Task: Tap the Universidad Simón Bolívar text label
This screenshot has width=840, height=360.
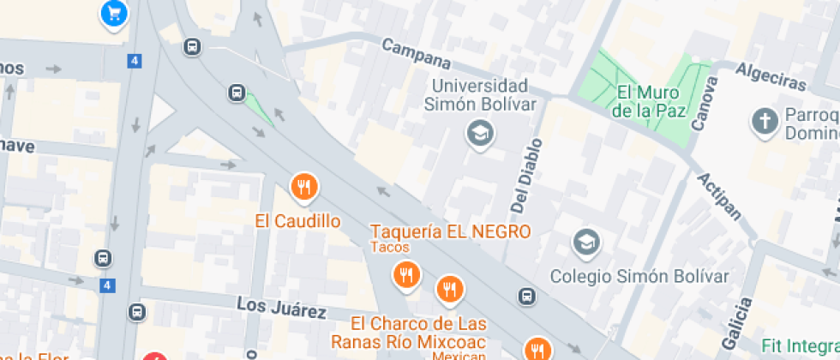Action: pos(480,95)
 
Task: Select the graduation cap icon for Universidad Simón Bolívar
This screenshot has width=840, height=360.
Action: pos(480,132)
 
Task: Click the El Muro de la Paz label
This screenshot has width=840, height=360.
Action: pos(647,101)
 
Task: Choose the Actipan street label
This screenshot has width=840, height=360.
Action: pos(719,196)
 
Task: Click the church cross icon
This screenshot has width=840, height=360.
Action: pos(763,122)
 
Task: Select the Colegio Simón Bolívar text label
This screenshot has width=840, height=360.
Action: pos(639,276)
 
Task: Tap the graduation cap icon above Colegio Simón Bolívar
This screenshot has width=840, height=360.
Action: pos(587,242)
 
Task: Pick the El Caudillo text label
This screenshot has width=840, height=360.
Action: pos(297,221)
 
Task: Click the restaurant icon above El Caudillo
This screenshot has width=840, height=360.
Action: pos(303,185)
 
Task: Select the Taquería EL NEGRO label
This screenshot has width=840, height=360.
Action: pos(450,231)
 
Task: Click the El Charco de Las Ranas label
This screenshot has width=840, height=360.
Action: pos(418,333)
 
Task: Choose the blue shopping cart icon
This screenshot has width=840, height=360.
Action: pos(114,12)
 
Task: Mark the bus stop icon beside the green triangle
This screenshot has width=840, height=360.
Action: pos(236,92)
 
